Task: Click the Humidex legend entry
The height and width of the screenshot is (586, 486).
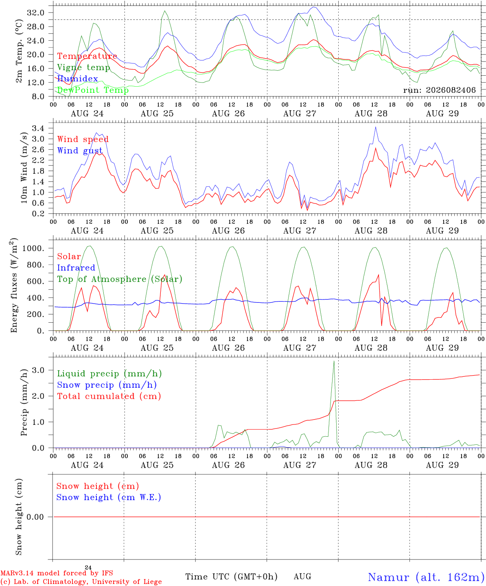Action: tap(77, 79)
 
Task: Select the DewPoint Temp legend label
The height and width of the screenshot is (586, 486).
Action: tap(93, 90)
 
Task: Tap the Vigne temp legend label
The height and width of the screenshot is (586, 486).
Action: tap(84, 68)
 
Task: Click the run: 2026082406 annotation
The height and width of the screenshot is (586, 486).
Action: tap(439, 90)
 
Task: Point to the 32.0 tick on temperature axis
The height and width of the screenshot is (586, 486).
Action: tap(36, 13)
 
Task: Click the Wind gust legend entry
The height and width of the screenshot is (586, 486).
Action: tap(80, 151)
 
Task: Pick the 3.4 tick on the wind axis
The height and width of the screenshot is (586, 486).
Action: tap(38, 129)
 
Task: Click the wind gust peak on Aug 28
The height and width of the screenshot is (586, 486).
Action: tap(376, 127)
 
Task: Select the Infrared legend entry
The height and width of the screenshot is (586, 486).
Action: tap(76, 268)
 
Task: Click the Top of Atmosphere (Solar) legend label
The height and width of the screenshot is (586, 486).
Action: tap(120, 279)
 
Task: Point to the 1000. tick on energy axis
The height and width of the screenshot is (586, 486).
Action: tap(33, 248)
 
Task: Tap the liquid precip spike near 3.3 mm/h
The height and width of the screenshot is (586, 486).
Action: tap(334, 361)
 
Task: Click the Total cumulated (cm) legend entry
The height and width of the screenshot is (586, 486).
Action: tap(109, 396)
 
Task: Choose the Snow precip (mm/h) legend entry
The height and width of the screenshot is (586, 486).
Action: tap(107, 385)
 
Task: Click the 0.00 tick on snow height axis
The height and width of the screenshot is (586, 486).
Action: tap(35, 517)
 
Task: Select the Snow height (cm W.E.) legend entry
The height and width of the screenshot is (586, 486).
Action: tap(109, 497)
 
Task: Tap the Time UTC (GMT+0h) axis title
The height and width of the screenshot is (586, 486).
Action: tap(231, 577)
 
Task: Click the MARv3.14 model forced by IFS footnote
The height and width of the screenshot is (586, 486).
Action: tap(57, 573)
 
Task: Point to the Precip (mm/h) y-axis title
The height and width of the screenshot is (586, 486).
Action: tap(24, 402)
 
